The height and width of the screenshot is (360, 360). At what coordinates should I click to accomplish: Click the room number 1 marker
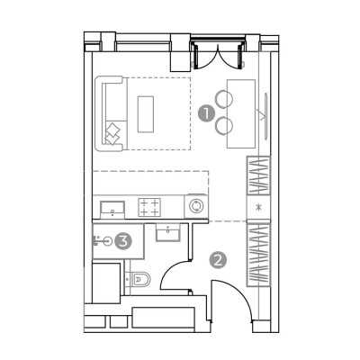pyautogui.click(x=206, y=114)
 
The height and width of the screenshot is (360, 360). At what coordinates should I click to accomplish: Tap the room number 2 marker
pyautogui.click(x=218, y=260)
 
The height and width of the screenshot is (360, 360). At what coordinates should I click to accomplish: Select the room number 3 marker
pyautogui.click(x=123, y=240)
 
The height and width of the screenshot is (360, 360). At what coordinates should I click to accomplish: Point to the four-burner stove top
pyautogui.click(x=149, y=207)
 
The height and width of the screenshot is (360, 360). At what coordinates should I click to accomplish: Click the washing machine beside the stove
pyautogui.click(x=196, y=206)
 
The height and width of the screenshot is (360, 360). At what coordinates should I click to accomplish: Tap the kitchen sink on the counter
pyautogui.click(x=112, y=210)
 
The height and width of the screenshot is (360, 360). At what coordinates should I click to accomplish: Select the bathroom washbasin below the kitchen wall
pyautogui.click(x=168, y=232)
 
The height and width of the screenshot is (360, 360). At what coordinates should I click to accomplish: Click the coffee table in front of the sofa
pyautogui.click(x=146, y=114)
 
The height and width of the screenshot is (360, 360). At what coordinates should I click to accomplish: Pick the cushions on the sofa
pyautogui.click(x=112, y=134)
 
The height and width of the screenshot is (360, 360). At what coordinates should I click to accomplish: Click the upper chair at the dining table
pyautogui.click(x=223, y=98)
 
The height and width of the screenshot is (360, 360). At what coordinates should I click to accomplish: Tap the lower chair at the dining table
pyautogui.click(x=224, y=125)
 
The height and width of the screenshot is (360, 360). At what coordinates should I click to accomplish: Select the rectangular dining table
pyautogui.click(x=241, y=113)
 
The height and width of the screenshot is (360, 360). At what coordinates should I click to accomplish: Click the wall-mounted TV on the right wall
pyautogui.click(x=265, y=115)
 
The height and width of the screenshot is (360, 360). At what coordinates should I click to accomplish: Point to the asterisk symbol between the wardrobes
pyautogui.click(x=258, y=207)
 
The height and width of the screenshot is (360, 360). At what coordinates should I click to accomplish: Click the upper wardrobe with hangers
pyautogui.click(x=258, y=175)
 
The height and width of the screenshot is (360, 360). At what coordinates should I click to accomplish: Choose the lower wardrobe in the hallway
pyautogui.click(x=258, y=255)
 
